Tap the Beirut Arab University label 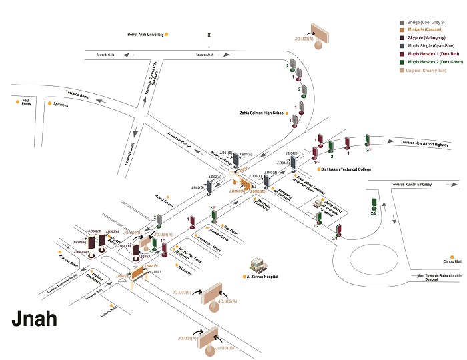145,33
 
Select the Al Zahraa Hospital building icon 257,264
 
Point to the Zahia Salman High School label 262,113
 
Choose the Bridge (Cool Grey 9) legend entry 430,23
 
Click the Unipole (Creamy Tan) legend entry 429,69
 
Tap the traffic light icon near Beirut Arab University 210,35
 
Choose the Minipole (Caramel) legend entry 426,31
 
